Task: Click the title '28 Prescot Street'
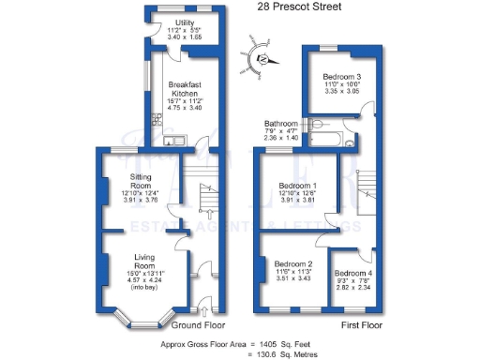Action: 298,7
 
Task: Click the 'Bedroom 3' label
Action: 343,76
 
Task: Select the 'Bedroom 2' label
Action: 293,264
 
